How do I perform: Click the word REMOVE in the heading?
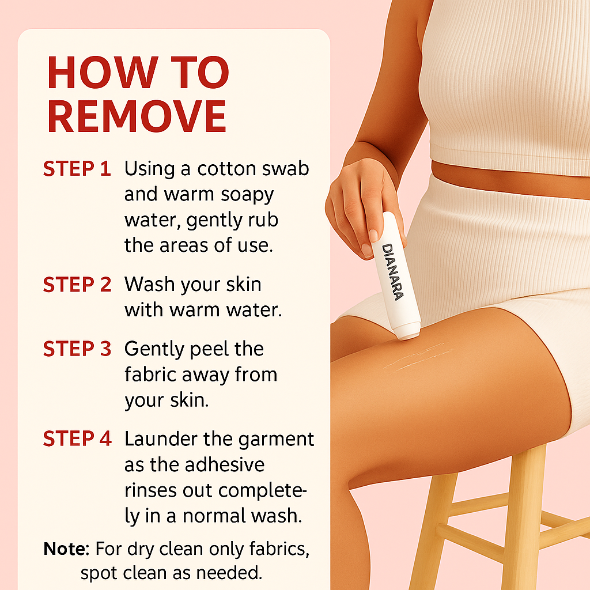[x=137, y=116]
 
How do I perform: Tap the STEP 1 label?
[x=77, y=169]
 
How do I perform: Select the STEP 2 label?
[x=77, y=285]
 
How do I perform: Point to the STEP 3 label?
[x=77, y=349]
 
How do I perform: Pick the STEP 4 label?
[x=77, y=438]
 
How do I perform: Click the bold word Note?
[x=66, y=549]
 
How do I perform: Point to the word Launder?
[x=161, y=439]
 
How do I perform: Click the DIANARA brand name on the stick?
[x=392, y=272]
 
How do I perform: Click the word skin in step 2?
[x=244, y=285]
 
